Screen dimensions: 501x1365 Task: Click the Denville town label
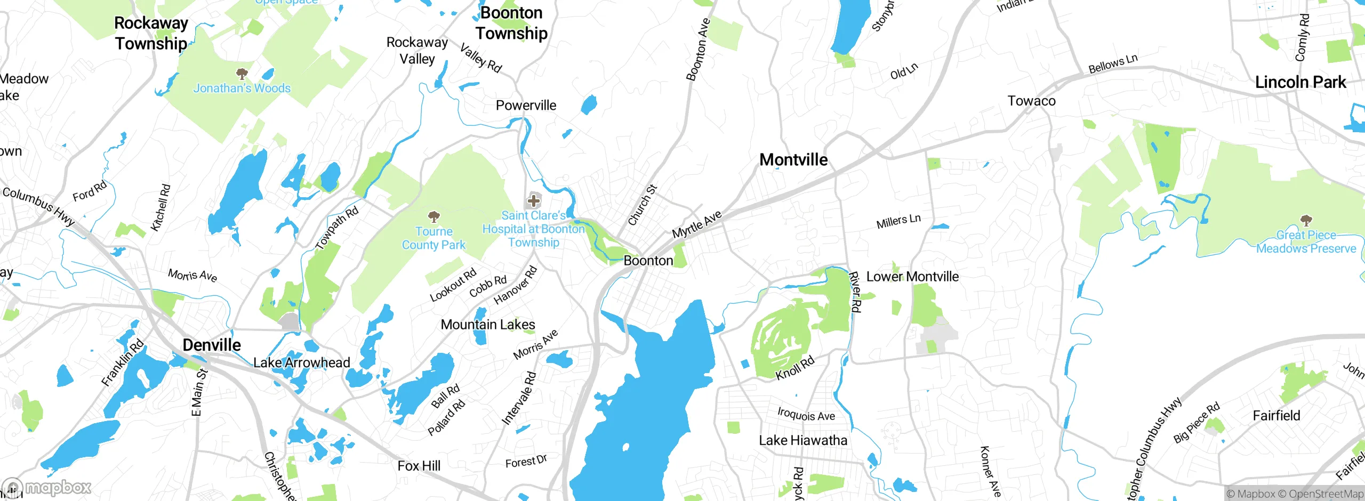pos(212,345)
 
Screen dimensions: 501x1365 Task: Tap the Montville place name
pos(793,159)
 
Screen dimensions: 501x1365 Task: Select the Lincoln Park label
pos(1300,82)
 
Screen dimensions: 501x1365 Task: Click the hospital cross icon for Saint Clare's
pos(533,201)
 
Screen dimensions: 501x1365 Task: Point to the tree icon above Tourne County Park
pos(434,216)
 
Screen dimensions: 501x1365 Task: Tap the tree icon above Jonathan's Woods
pos(242,73)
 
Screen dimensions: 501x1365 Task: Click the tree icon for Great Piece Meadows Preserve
pos(1306,220)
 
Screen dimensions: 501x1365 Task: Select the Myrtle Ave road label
pos(696,224)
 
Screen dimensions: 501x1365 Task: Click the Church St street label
pos(643,205)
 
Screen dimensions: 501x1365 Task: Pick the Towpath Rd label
pos(336,228)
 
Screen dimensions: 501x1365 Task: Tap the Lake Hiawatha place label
pos(802,440)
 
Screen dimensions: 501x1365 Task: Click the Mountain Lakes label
pos(487,324)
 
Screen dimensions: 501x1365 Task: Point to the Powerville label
pos(526,105)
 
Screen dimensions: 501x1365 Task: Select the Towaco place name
pos(1031,101)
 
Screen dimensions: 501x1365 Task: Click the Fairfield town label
pos(1276,415)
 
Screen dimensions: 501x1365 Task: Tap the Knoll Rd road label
pos(794,368)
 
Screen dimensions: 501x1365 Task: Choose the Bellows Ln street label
pos(1113,64)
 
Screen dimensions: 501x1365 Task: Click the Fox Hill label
pos(419,466)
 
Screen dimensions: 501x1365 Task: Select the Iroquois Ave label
pos(806,414)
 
